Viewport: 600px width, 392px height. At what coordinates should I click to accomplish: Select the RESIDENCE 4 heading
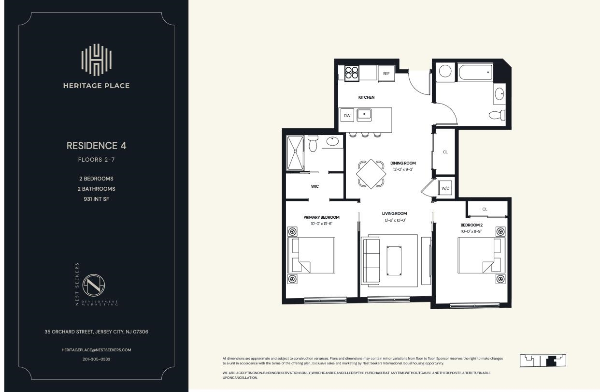click(96, 146)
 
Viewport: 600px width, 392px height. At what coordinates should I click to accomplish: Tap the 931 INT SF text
click(96, 199)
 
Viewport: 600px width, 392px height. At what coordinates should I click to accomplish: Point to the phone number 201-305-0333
click(96, 359)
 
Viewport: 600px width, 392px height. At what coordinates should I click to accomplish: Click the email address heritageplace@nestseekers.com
click(96, 350)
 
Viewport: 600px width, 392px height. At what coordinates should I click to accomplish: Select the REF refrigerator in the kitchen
click(386, 74)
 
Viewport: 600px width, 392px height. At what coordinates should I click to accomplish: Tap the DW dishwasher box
click(346, 115)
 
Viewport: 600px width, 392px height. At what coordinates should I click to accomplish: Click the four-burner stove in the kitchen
click(352, 73)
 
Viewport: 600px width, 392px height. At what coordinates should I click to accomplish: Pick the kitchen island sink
click(364, 115)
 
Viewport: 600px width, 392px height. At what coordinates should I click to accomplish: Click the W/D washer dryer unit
click(445, 188)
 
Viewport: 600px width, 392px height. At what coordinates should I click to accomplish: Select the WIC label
click(314, 186)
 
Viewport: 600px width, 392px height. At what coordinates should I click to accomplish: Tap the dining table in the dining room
click(371, 174)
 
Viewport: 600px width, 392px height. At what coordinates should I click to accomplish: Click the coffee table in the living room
click(394, 260)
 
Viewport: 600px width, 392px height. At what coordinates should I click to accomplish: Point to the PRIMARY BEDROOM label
click(321, 217)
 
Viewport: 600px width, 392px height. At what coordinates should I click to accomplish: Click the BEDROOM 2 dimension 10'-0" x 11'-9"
click(471, 231)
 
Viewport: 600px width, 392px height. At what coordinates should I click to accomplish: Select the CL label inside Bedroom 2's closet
click(485, 209)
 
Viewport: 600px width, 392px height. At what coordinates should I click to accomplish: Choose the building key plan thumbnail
click(543, 361)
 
